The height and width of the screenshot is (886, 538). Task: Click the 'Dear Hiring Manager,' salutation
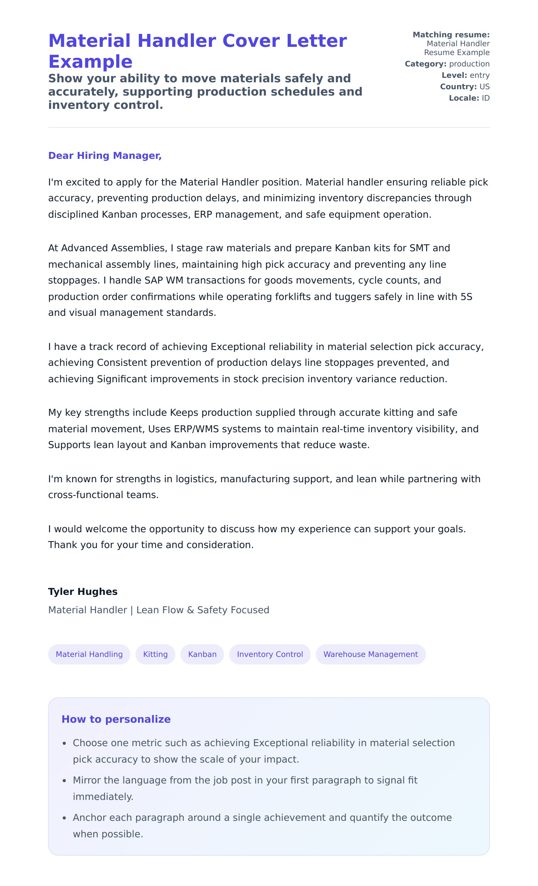pos(105,155)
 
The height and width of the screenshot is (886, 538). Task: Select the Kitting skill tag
pos(155,654)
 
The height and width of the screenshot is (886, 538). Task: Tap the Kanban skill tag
pos(202,654)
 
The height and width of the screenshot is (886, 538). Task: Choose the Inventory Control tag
pos(270,654)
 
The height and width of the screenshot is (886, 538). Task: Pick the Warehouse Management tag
pos(370,654)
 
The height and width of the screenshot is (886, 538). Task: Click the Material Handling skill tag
pos(89,654)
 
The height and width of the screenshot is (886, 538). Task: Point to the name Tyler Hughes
pos(83,591)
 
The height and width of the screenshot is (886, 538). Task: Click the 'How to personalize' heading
pos(116,719)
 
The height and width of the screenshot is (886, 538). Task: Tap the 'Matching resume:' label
pos(451,35)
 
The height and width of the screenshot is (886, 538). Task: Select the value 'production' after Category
pos(469,64)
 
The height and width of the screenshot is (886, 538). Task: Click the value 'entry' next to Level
pos(479,75)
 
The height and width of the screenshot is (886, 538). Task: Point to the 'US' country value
pos(485,87)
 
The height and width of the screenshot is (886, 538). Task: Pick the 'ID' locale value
pos(485,98)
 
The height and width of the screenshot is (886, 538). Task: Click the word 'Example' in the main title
pos(90,61)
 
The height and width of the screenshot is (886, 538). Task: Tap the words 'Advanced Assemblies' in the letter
pos(113,248)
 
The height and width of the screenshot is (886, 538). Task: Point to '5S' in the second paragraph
pos(466,297)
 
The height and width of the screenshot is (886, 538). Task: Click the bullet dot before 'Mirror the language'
pos(64,780)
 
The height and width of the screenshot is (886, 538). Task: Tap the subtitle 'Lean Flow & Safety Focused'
pos(203,610)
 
